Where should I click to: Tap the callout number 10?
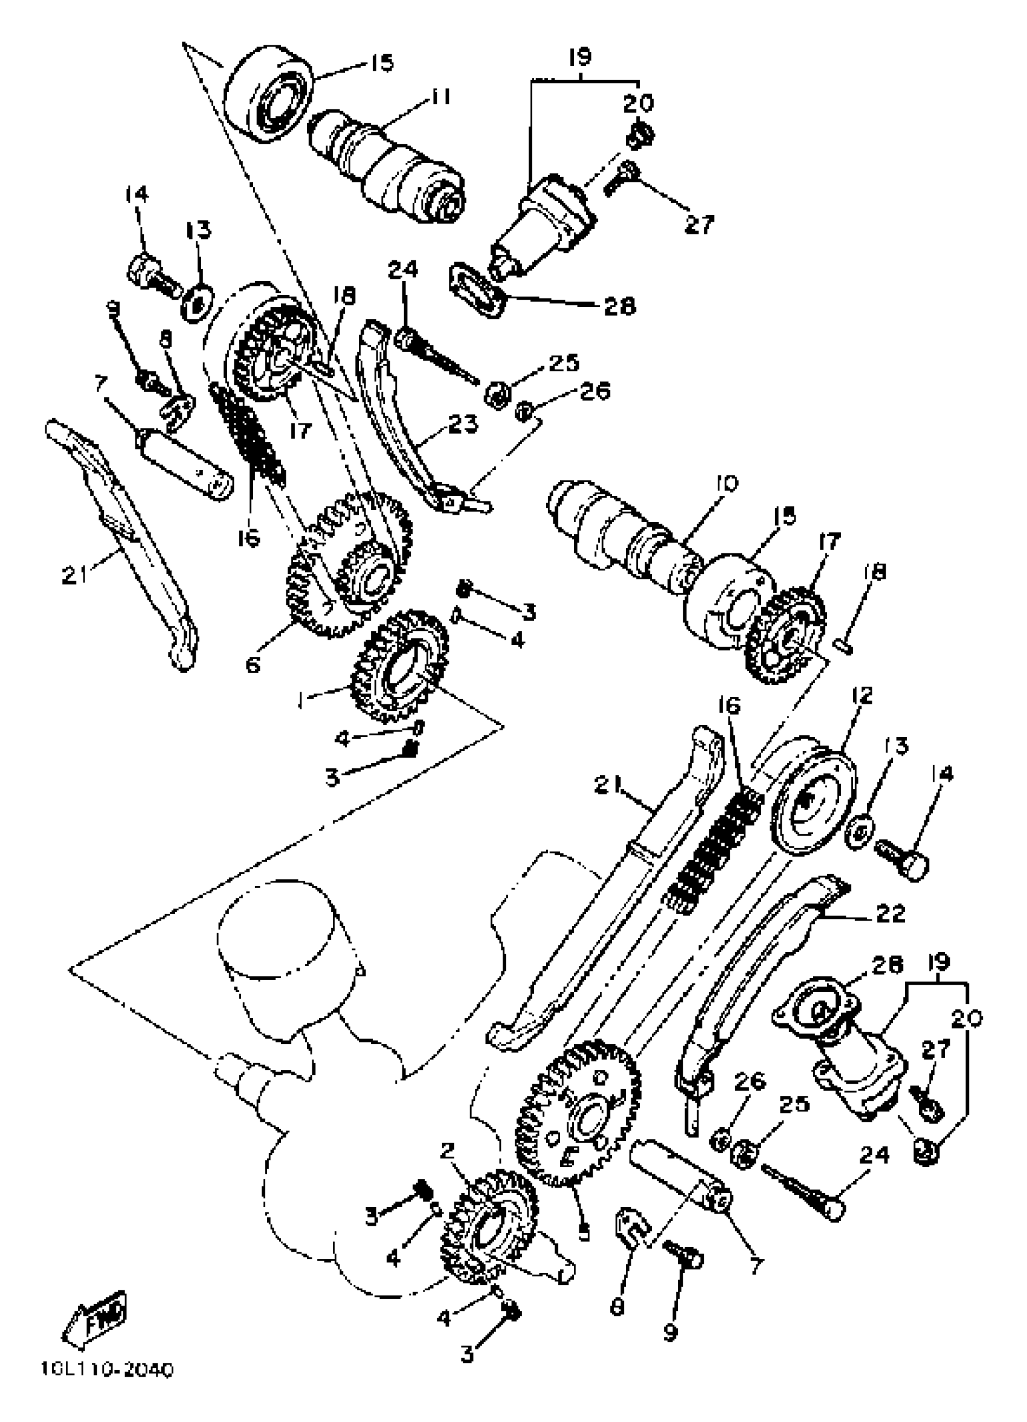[726, 484]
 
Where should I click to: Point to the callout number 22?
[890, 913]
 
